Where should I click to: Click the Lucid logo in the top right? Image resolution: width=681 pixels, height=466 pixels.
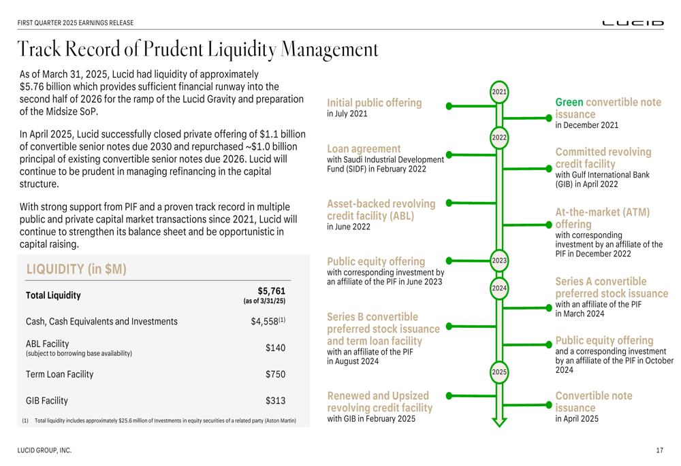(633, 23)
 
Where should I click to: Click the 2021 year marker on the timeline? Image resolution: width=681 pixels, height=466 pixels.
(499, 92)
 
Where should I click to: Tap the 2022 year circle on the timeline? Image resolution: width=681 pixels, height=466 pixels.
(499, 138)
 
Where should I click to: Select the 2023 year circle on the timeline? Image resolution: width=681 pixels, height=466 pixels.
(499, 261)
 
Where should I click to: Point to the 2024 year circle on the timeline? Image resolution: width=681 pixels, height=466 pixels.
(499, 288)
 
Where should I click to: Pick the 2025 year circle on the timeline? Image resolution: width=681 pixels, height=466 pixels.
(499, 372)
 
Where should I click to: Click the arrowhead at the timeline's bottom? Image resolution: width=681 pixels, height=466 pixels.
(499, 420)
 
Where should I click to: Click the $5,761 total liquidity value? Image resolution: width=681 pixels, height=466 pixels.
(271, 291)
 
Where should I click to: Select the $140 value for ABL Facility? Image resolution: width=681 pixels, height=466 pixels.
(275, 348)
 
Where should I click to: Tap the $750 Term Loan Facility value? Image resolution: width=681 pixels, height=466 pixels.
(275, 374)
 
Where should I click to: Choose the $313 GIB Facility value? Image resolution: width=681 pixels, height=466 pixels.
(275, 401)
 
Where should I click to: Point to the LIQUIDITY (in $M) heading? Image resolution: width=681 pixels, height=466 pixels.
(76, 269)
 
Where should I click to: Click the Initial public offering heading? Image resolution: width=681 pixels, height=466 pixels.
(375, 103)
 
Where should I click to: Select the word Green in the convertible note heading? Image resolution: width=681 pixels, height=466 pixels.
(569, 102)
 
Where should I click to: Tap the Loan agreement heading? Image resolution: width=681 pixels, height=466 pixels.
(364, 148)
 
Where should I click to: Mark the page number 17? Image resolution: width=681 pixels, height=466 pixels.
(659, 450)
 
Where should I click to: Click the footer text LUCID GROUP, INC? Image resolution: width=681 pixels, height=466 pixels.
(44, 450)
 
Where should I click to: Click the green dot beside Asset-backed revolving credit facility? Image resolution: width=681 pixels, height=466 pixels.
(449, 203)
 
